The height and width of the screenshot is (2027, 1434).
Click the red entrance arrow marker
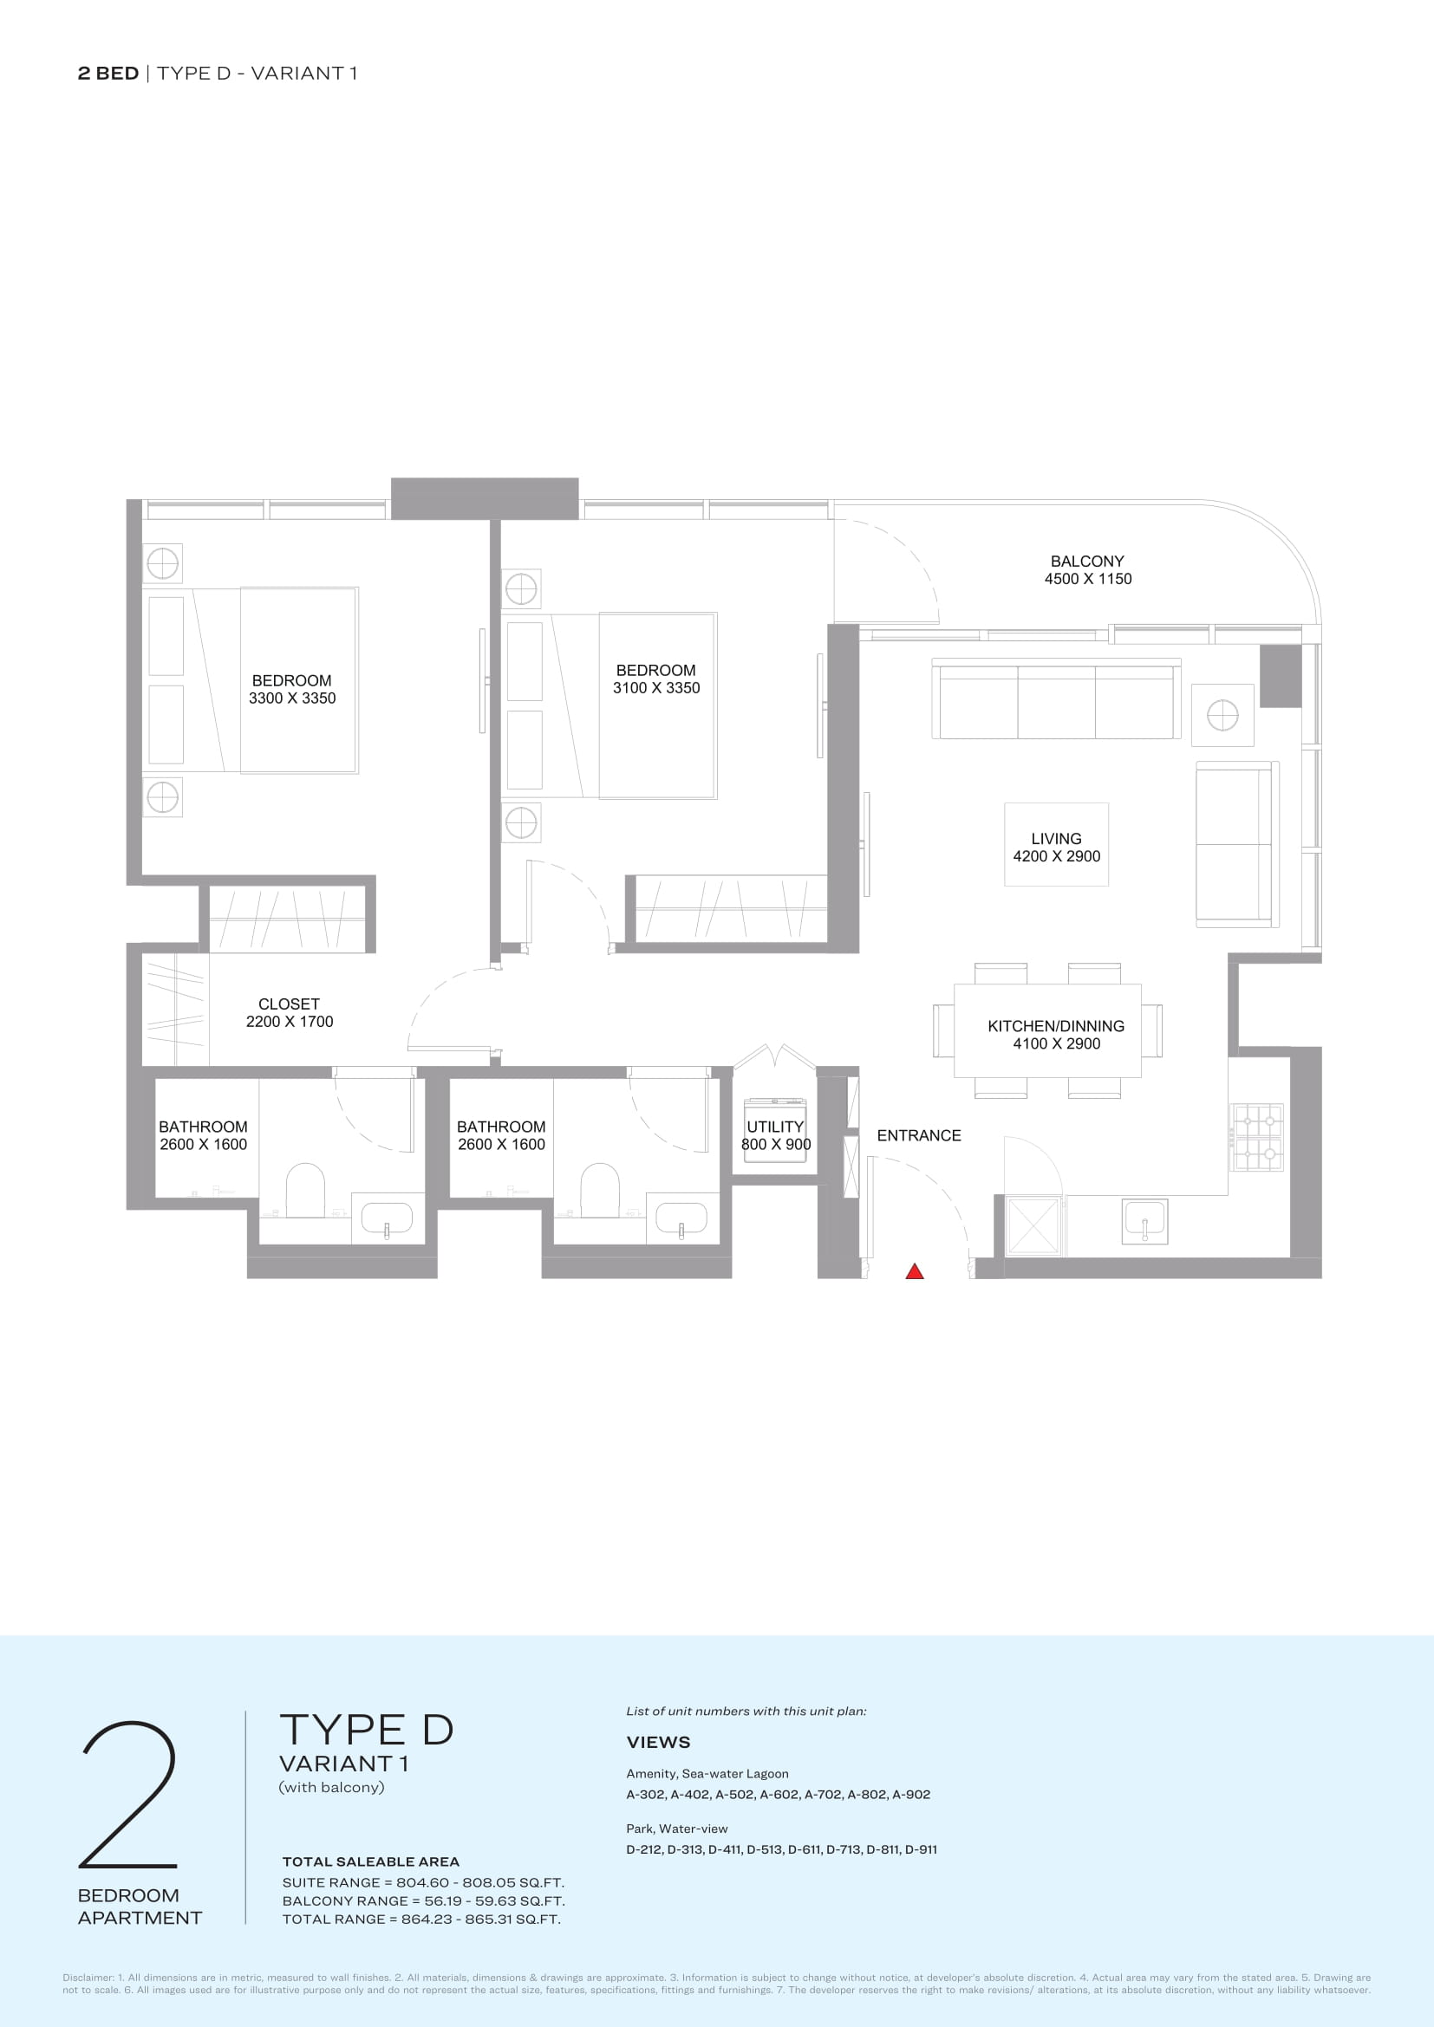[915, 1271]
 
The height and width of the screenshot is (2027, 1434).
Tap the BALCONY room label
[1087, 562]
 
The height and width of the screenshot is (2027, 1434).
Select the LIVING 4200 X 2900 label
[1056, 848]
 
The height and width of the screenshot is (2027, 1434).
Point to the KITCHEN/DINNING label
[1056, 1026]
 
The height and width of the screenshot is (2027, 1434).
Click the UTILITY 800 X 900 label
[775, 1135]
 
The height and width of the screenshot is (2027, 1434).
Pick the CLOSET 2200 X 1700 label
[290, 1012]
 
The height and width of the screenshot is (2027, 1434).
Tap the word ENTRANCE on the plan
[918, 1135]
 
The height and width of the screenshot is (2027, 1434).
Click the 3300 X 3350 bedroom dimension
[292, 698]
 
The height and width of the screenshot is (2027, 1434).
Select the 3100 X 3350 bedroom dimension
[656, 688]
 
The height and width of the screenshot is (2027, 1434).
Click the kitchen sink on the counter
[1144, 1221]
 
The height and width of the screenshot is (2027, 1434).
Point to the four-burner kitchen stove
[1257, 1137]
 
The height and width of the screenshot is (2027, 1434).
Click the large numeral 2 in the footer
[129, 1795]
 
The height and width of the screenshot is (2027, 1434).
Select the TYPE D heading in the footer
[367, 1731]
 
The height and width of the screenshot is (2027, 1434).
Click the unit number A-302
[644, 1794]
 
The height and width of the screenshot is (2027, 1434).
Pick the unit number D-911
[921, 1848]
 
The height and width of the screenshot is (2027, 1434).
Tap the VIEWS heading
[659, 1742]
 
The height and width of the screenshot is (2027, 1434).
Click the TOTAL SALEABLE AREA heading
[371, 1861]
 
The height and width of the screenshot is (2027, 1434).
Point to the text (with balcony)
[332, 1787]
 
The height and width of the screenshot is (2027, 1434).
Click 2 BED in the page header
[108, 74]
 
